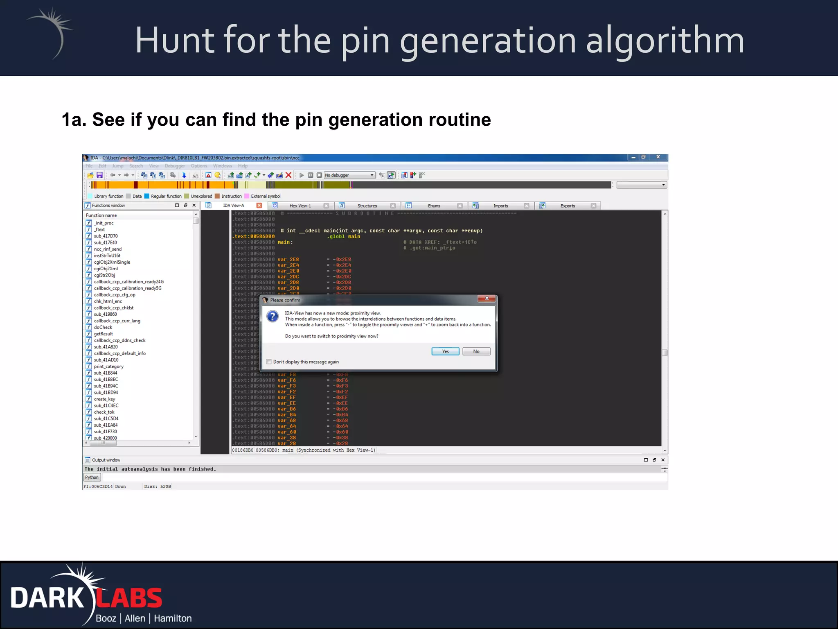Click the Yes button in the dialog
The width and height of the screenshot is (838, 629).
[x=445, y=351]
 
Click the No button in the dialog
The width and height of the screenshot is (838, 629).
[x=476, y=351]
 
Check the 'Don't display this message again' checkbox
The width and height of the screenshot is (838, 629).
[x=269, y=362]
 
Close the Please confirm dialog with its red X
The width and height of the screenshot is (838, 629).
[x=487, y=299]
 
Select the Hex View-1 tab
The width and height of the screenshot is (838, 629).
[x=300, y=206]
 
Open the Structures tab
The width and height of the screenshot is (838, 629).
[x=367, y=206]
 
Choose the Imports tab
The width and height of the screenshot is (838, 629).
[x=500, y=206]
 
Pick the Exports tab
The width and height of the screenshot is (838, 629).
[x=568, y=206]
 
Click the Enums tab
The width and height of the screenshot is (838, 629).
[x=434, y=206]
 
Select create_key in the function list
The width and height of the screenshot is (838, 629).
[x=104, y=399]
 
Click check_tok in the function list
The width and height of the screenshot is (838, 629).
[x=104, y=412]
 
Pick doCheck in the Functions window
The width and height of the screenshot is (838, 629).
[x=103, y=327]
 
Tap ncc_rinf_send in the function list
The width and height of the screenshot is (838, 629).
[x=108, y=249]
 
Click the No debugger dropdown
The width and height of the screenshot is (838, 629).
[x=349, y=175]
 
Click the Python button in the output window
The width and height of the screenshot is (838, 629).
[x=92, y=477]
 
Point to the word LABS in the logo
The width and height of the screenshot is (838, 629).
[x=129, y=598]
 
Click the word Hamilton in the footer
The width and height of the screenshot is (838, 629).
[x=173, y=618]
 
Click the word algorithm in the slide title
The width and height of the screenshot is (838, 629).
[x=665, y=41]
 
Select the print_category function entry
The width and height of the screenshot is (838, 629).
[x=108, y=367]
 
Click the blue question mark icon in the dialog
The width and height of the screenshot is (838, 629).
[x=273, y=317]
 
